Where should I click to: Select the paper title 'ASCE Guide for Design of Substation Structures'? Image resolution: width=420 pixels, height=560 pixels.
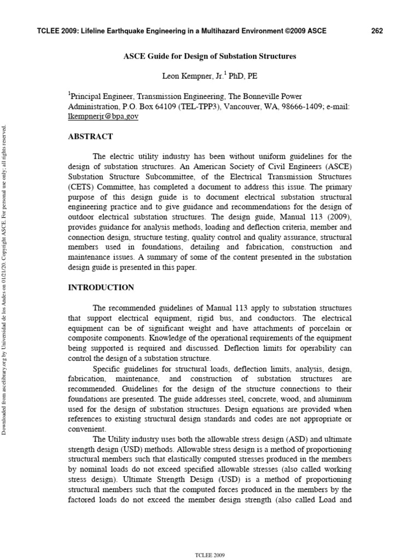point(210,56)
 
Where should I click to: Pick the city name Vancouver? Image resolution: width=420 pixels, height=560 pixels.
point(225,107)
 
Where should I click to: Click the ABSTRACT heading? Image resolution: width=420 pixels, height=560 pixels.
point(90,137)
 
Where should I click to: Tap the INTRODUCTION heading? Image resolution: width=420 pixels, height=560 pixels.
point(101,287)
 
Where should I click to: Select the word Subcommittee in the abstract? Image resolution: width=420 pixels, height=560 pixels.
point(165,177)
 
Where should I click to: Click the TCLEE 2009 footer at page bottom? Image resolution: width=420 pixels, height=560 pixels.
point(209,555)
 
